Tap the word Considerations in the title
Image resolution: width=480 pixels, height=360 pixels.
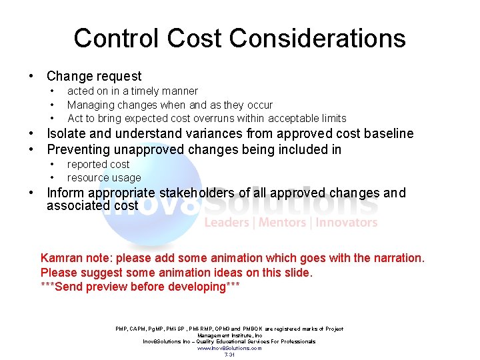319,38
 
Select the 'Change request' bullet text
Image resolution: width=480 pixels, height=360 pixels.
94,77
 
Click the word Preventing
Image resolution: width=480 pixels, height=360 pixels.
81,149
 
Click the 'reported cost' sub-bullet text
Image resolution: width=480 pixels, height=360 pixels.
99,164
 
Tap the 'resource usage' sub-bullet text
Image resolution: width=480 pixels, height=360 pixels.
104,178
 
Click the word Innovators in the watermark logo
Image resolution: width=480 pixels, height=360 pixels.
347,223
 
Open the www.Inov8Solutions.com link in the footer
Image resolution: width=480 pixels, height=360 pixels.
229,348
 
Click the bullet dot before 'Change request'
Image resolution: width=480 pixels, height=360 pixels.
31,77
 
